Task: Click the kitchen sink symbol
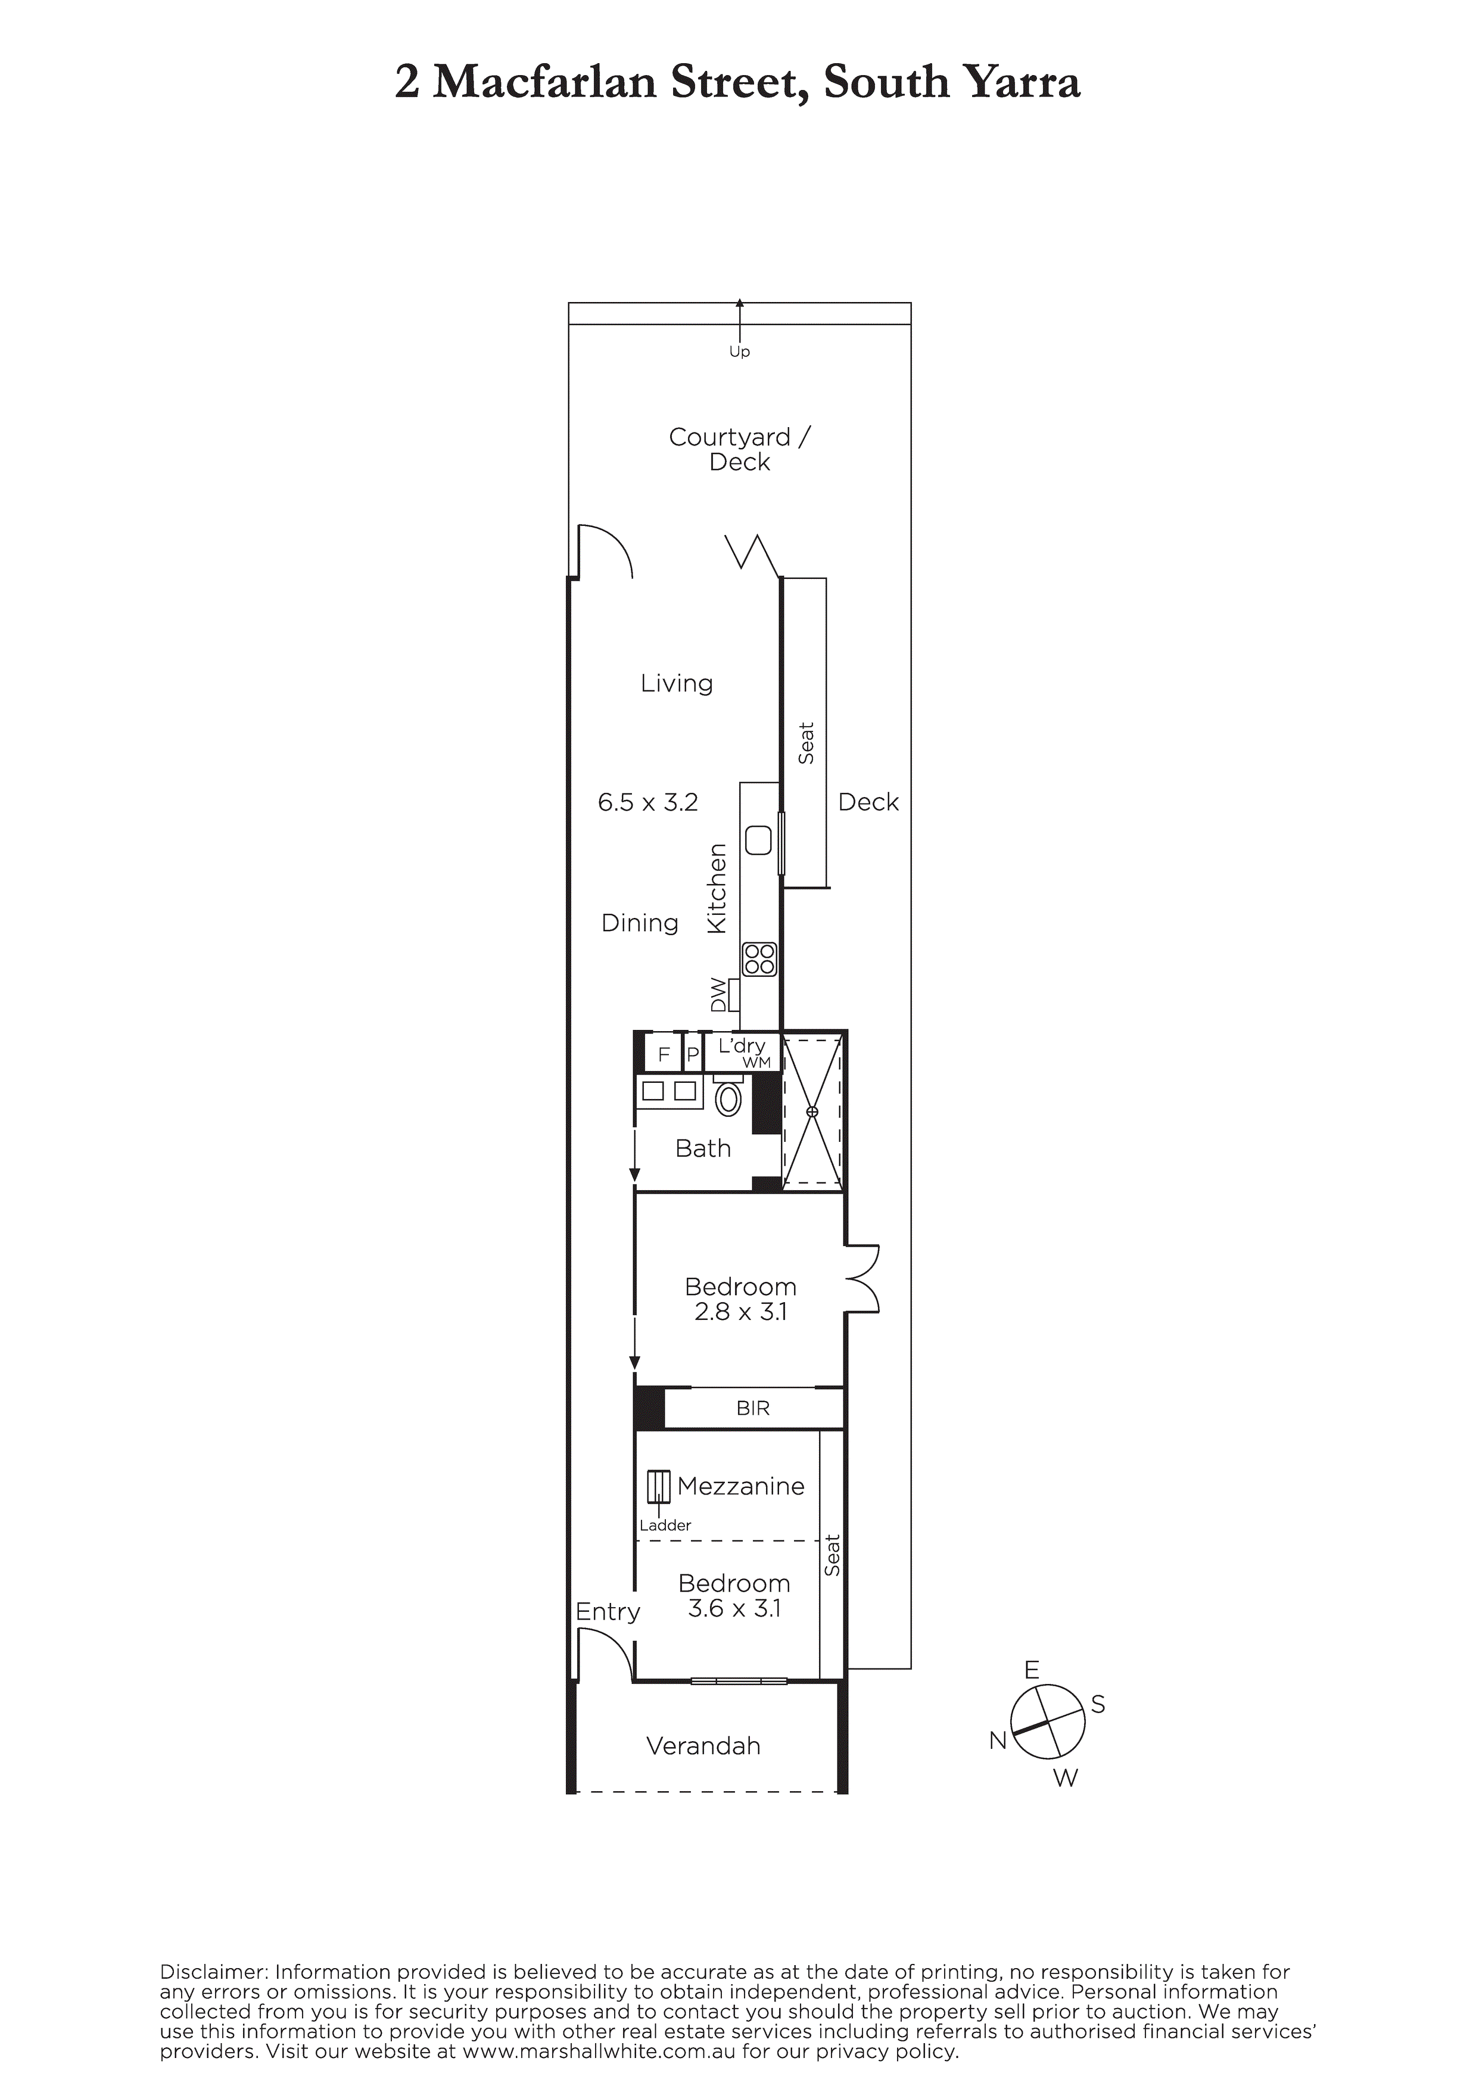[x=758, y=840]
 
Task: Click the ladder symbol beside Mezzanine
[x=658, y=1487]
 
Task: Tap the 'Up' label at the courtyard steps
[x=739, y=351]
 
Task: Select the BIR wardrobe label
[x=752, y=1408]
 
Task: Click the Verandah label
[x=703, y=1746]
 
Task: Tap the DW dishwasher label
[x=719, y=994]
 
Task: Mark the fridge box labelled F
[x=664, y=1054]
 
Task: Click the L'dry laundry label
[x=741, y=1047]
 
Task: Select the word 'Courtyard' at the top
[x=729, y=438]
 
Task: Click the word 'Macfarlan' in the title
[x=545, y=82]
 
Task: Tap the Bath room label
[x=702, y=1148]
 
